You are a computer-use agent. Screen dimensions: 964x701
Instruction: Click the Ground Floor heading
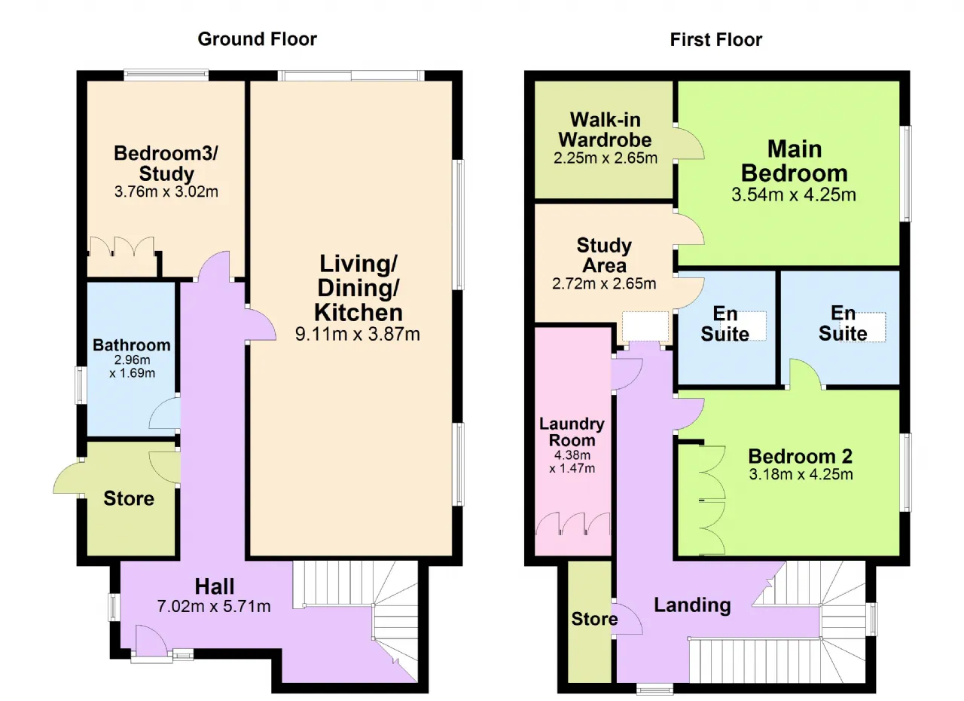(258, 39)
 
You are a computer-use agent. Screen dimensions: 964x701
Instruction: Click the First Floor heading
(716, 40)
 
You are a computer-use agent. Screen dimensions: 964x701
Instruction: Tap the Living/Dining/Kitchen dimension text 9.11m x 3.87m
(358, 334)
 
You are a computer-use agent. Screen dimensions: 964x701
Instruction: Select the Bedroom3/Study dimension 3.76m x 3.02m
(166, 191)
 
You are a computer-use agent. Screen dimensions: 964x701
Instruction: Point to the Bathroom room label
(132, 345)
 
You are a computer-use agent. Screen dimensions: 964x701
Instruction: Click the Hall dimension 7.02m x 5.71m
(214, 606)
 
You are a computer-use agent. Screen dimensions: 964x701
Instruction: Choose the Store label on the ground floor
(129, 498)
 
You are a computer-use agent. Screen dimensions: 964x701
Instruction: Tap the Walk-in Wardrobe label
(605, 130)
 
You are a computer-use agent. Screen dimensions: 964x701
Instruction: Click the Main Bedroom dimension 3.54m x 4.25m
(794, 194)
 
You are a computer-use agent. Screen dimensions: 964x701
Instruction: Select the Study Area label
(604, 256)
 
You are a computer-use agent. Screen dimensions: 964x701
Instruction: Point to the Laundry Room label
(572, 432)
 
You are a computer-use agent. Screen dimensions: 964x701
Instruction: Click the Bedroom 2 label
(801, 456)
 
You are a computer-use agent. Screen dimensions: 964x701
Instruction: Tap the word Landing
(692, 605)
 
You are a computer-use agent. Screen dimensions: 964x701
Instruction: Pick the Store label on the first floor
(594, 619)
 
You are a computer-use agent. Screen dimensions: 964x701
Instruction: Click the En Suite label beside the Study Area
(725, 324)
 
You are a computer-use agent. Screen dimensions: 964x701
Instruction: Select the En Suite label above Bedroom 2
(843, 323)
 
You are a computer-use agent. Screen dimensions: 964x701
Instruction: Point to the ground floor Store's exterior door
(69, 478)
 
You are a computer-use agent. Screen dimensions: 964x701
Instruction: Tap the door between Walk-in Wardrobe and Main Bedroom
(689, 143)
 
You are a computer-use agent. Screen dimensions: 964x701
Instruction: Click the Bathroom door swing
(164, 412)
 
